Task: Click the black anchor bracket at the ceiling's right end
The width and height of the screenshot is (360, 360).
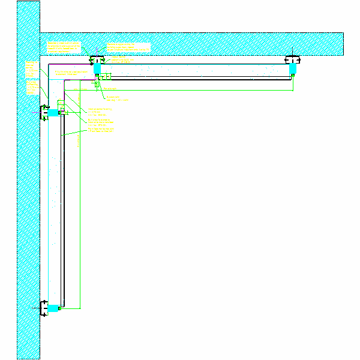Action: (x=293, y=59)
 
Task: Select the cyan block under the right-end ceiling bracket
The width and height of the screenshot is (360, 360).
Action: (x=293, y=70)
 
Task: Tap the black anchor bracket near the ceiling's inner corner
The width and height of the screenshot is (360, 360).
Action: (x=97, y=59)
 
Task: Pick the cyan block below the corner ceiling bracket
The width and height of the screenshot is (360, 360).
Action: (x=97, y=70)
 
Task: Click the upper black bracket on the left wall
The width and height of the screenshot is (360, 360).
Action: (x=44, y=112)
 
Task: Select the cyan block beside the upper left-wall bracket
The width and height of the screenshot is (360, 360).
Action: (x=55, y=112)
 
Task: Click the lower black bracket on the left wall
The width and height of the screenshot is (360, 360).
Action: (x=44, y=308)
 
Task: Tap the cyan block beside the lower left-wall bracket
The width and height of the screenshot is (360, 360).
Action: (x=55, y=308)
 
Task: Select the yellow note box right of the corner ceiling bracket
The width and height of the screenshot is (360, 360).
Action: (x=128, y=47)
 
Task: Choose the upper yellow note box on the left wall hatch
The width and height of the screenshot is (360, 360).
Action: (x=31, y=69)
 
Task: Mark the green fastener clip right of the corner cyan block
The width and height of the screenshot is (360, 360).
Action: (x=109, y=76)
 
